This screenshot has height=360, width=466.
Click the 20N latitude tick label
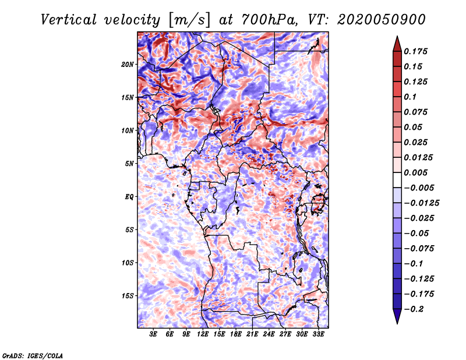tap(128, 65)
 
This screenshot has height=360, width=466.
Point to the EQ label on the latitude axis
tap(129, 197)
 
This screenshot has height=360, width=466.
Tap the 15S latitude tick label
tap(128, 296)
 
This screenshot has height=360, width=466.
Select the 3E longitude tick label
tap(153, 334)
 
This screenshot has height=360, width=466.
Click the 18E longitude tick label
tap(236, 334)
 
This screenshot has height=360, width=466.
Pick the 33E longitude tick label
tap(318, 334)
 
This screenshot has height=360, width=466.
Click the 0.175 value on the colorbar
tap(415, 51)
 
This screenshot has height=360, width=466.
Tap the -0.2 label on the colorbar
tap(414, 309)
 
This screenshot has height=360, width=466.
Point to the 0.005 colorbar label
tap(415, 172)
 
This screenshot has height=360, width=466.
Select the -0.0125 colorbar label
tap(421, 203)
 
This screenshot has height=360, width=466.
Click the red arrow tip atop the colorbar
tap(397, 37)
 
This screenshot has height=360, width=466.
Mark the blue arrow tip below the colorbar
tap(397, 323)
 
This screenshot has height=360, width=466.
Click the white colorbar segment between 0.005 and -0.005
tap(397, 180)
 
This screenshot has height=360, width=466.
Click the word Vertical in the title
tap(69, 20)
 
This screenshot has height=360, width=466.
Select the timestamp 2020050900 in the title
tap(382, 20)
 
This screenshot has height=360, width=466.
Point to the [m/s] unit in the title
tap(189, 20)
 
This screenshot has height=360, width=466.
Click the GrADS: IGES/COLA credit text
tap(33, 356)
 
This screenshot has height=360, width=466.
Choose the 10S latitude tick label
tap(128, 263)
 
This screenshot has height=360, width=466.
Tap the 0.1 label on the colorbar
tap(410, 97)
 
